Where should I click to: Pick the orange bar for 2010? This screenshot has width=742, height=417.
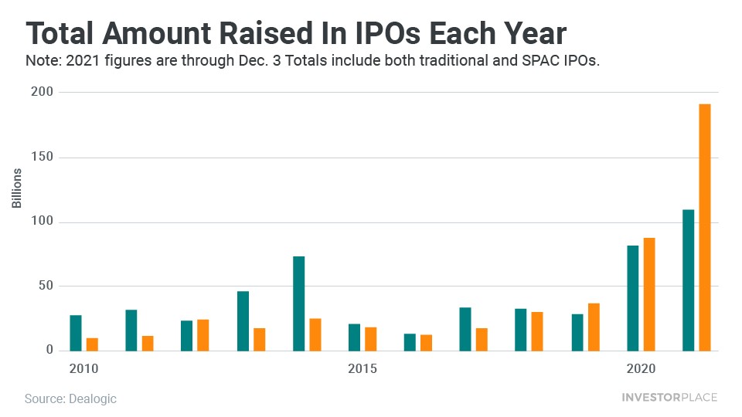point(92,344)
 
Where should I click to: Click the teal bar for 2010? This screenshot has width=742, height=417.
point(76,332)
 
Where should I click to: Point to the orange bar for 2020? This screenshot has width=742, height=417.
point(649,293)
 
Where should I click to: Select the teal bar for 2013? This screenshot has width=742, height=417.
point(243,320)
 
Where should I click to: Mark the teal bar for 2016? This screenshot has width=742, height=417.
point(410,341)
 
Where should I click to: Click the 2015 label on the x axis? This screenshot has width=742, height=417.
point(362,368)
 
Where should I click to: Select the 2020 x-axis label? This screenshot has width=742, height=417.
point(641,368)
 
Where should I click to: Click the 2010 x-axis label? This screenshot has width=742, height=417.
point(84,368)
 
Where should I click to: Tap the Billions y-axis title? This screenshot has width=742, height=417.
point(17,188)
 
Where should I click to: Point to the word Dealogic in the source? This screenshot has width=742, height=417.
point(92,398)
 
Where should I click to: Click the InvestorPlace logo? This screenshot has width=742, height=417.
point(669,398)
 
